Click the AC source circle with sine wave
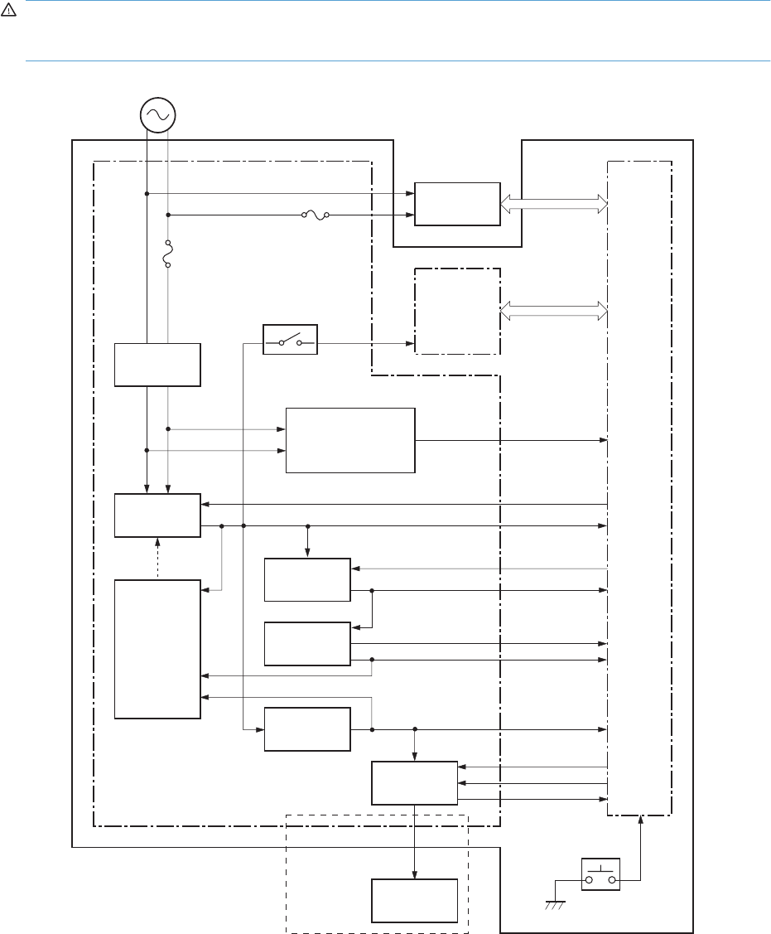[x=157, y=114]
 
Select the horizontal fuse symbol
[x=315, y=215]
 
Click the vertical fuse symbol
[x=168, y=254]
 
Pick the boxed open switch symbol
[x=290, y=340]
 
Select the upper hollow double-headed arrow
[x=554, y=204]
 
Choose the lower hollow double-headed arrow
[x=554, y=310]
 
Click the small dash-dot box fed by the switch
[x=457, y=311]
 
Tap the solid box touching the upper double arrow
[x=457, y=203]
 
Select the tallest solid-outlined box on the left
[x=157, y=650]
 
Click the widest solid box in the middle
[x=350, y=440]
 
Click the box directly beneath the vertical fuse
[x=157, y=364]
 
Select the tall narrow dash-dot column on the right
[x=639, y=488]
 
